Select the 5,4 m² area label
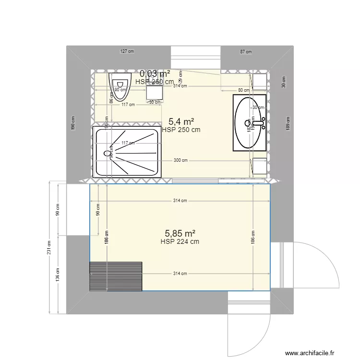(x=181, y=122)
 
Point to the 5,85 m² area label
(x=180, y=233)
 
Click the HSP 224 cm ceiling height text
(x=180, y=241)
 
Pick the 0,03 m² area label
(x=155, y=73)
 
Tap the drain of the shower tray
(x=107, y=154)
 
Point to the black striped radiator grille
(x=116, y=276)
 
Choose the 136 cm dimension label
(x=58, y=274)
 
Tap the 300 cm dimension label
(x=181, y=161)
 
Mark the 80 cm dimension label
(x=244, y=90)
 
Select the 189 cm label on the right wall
(x=288, y=123)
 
